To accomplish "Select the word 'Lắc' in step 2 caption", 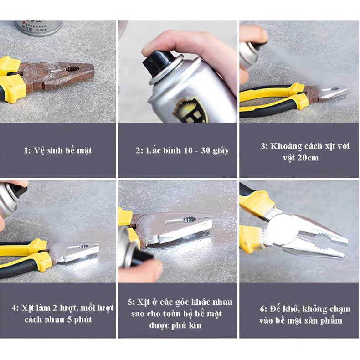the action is coord(154,150).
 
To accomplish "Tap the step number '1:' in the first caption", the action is coord(27,151).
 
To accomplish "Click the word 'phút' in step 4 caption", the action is coord(83,320).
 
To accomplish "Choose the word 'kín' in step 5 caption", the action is coord(194,325).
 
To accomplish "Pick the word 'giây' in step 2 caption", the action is coord(221,151).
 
